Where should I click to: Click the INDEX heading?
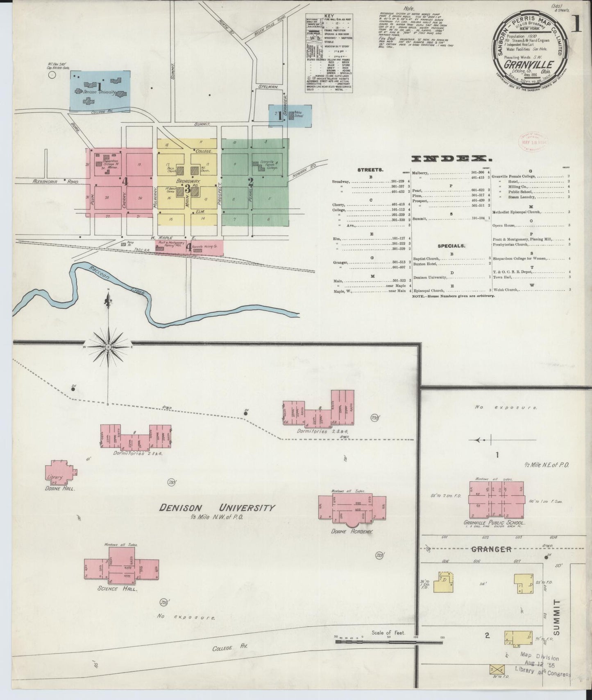coord(452,158)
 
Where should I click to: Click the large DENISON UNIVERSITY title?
coord(217,508)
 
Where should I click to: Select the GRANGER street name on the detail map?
coord(491,549)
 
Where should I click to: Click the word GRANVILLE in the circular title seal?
coord(529,65)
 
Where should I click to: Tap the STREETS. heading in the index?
coord(370,169)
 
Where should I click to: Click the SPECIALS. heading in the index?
coord(451,246)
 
